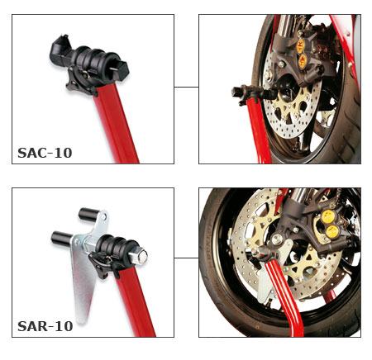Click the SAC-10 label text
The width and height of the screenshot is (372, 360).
(x=45, y=153)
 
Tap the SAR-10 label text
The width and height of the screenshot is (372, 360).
(x=45, y=326)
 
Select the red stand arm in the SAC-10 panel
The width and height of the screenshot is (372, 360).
(x=116, y=124)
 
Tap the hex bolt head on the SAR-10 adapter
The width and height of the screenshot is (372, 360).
(x=141, y=256)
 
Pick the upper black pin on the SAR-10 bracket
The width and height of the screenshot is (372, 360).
(x=88, y=215)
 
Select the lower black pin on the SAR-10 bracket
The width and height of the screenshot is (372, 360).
(x=62, y=238)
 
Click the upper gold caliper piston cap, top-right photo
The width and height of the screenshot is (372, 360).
(x=301, y=44)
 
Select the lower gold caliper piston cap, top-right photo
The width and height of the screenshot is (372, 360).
(x=303, y=60)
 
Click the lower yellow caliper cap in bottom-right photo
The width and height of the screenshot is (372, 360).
(x=331, y=231)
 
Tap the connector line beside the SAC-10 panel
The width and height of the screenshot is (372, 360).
(x=186, y=87)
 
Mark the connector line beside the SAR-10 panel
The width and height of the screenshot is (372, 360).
(x=186, y=258)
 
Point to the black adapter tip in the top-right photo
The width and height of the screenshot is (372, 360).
(x=237, y=92)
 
